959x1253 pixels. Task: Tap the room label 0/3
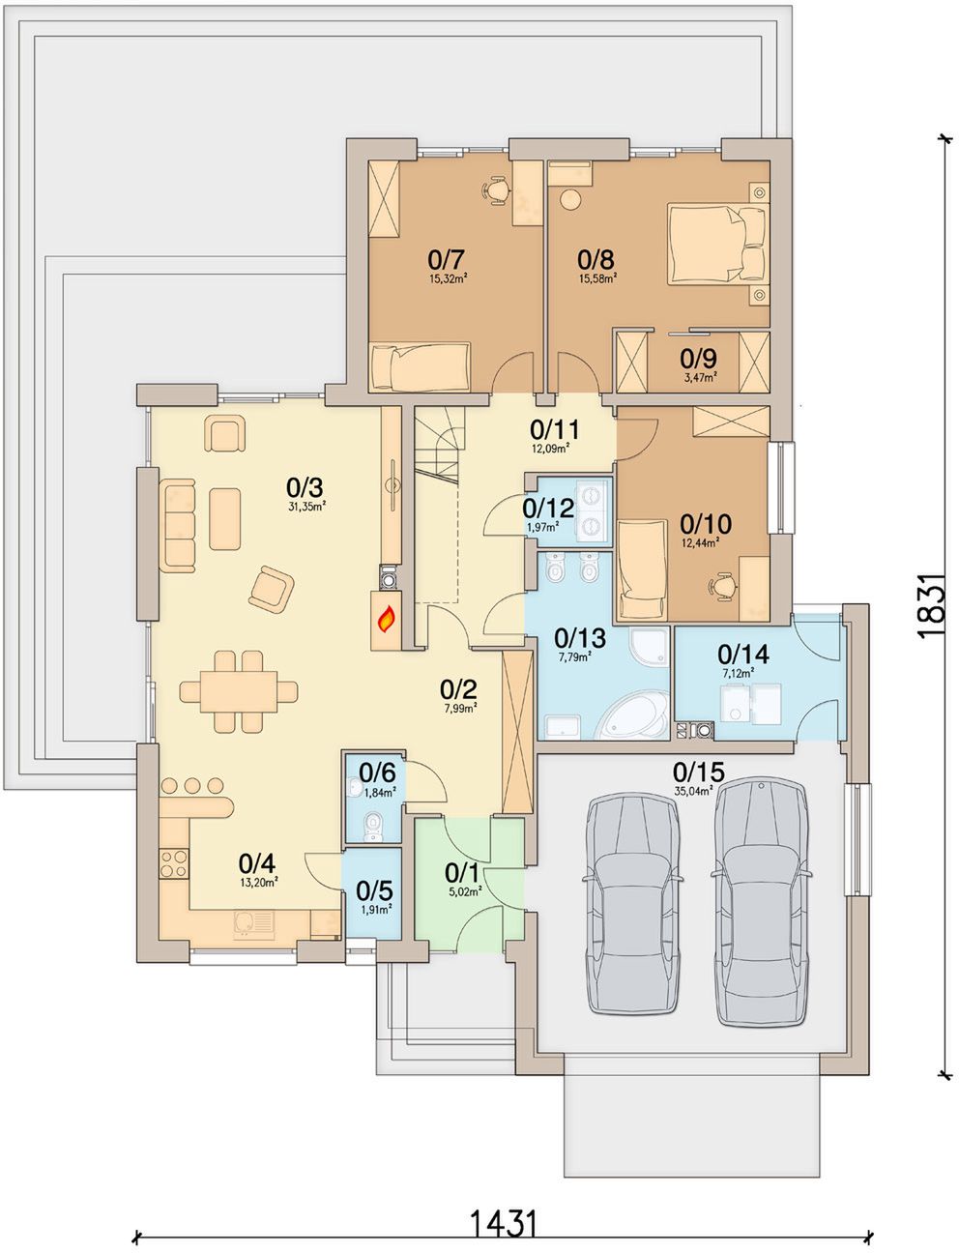pos(305,488)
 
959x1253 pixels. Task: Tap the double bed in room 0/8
pos(717,244)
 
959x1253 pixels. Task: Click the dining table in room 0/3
pos(239,691)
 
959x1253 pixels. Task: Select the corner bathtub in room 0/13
pos(633,715)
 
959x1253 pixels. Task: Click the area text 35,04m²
pos(695,791)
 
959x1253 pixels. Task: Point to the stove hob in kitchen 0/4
pos(174,863)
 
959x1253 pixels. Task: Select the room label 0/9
pos(699,359)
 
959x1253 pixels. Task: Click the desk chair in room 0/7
pos(494,189)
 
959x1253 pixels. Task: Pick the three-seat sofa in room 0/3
pos(178,525)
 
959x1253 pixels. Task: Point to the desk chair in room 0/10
pos(721,585)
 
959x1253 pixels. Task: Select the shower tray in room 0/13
pos(651,647)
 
